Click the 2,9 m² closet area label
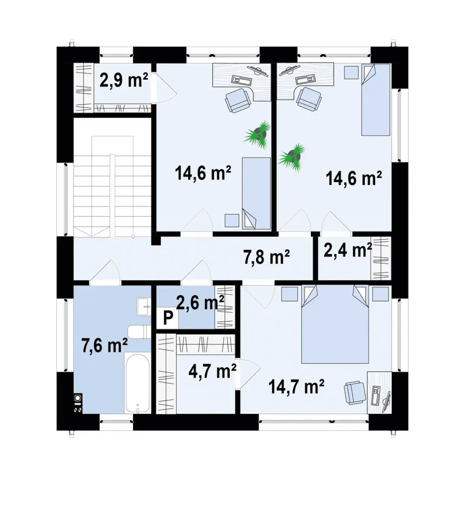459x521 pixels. pyautogui.click(x=124, y=80)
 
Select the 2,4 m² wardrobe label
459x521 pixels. pyautogui.click(x=348, y=250)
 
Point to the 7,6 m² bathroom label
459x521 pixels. pyautogui.click(x=104, y=345)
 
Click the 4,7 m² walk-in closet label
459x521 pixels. pyautogui.click(x=213, y=371)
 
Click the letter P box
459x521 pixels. pyautogui.click(x=167, y=319)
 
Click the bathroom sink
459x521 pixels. pyautogui.click(x=143, y=307)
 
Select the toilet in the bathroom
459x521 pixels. pyautogui.click(x=139, y=332)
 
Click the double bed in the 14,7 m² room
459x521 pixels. pyautogui.click(x=335, y=324)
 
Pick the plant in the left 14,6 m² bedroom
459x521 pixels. pyautogui.click(x=258, y=134)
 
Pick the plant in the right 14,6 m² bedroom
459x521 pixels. pyautogui.click(x=292, y=157)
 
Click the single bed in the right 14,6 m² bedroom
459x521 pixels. pyautogui.click(x=376, y=100)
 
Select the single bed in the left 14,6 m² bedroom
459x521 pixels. pyautogui.click(x=256, y=193)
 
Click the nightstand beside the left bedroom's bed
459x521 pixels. pyautogui.click(x=232, y=220)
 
